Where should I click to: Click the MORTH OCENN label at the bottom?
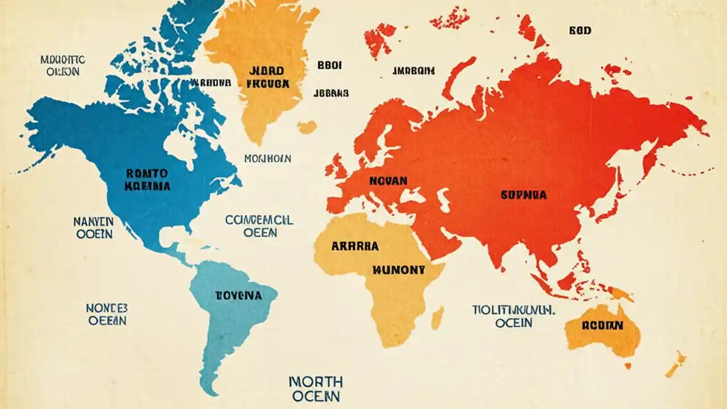point(315,389)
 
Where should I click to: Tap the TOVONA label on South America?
point(239,295)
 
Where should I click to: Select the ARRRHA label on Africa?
point(354,247)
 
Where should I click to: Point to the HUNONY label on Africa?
point(398,270)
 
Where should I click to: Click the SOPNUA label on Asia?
point(523,195)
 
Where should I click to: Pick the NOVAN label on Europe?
point(388,181)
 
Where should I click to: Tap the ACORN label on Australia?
point(602,325)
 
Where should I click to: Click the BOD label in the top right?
point(580,31)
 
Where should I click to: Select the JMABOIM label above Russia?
point(413,71)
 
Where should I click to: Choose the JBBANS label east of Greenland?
point(331,93)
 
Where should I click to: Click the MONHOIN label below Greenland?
point(268,158)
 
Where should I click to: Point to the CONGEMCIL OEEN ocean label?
point(259,226)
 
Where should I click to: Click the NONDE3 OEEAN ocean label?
point(107,314)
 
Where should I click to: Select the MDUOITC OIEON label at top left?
point(62,65)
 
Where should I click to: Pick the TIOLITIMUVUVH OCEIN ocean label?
point(513,316)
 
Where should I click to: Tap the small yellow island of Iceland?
point(307,127)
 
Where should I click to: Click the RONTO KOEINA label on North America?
point(147,179)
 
